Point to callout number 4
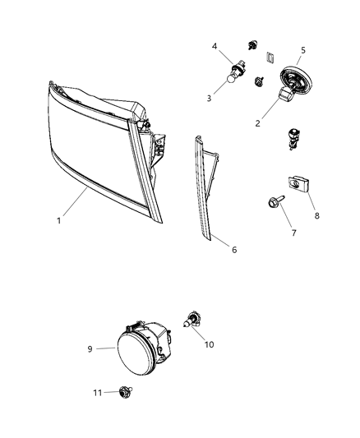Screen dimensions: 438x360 click(x=215, y=47)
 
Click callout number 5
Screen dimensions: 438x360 click(x=303, y=50)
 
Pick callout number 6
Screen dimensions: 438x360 click(x=235, y=249)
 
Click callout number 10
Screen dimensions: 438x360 click(x=208, y=344)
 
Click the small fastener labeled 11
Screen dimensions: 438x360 click(x=126, y=392)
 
